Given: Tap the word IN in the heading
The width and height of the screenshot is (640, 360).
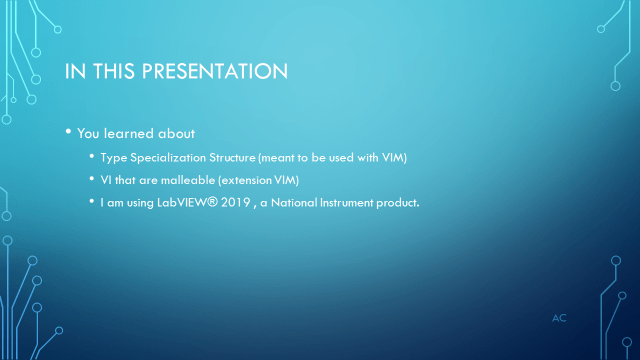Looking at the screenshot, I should [x=75, y=72].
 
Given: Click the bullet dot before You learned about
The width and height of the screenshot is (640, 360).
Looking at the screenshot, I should [x=68, y=133].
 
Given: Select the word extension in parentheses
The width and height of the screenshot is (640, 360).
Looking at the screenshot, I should [x=255, y=180].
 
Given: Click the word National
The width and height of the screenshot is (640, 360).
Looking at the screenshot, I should [x=292, y=203].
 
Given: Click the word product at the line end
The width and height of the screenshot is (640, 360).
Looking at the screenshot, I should [x=397, y=203].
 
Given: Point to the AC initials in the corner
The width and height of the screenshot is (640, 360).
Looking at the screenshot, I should [x=560, y=317].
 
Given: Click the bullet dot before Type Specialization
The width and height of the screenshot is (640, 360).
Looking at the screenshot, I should [x=92, y=158].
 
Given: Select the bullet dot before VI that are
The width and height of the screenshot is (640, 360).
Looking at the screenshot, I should [x=92, y=180].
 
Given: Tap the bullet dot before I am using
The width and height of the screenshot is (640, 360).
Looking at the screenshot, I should [x=92, y=203].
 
